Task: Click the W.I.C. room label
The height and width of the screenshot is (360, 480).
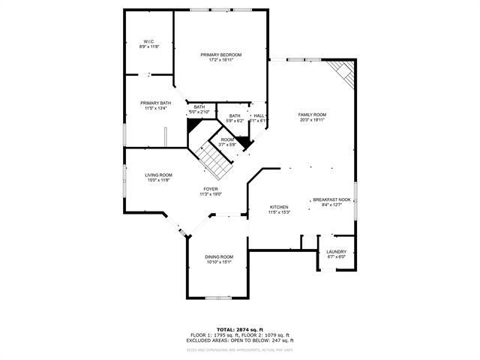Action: (149, 41)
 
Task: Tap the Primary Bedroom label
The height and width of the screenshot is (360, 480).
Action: (220, 55)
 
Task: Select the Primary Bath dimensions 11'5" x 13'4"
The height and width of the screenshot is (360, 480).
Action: (155, 108)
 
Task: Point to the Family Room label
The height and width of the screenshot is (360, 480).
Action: (313, 115)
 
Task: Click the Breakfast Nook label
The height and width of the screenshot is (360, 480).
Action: (331, 199)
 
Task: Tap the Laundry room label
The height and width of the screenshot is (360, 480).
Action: (336, 252)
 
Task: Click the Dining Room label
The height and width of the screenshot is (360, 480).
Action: (219, 257)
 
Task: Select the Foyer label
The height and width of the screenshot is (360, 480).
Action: (211, 189)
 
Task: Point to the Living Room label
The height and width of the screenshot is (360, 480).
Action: (158, 175)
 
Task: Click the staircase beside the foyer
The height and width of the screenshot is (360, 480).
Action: (212, 158)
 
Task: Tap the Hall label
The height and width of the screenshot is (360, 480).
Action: (259, 115)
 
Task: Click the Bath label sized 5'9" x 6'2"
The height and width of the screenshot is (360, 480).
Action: (235, 115)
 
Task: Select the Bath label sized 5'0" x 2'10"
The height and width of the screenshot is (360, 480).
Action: (199, 107)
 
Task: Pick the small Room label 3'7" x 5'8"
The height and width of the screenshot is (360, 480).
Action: (227, 139)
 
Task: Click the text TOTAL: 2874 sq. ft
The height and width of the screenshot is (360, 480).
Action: (240, 329)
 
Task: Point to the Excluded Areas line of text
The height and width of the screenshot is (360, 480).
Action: (240, 340)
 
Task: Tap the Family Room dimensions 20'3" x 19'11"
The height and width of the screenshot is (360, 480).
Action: (313, 120)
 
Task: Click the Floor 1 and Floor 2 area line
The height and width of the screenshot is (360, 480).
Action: (240, 335)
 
